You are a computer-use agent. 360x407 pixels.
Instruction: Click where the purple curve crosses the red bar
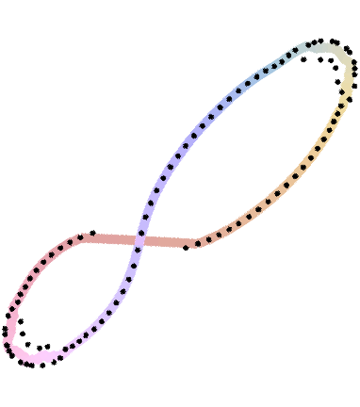[139, 240]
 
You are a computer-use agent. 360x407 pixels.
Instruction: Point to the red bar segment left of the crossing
[113, 239]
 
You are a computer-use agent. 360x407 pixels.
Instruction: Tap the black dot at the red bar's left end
[85, 237]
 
